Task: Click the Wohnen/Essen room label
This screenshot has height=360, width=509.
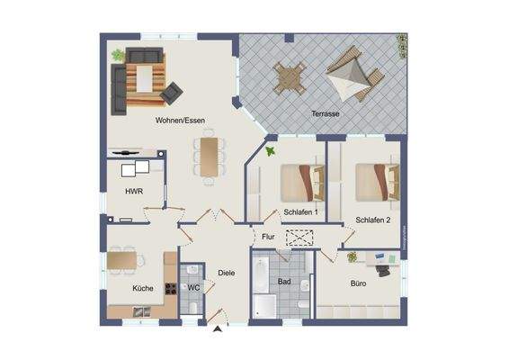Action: (x=180, y=120)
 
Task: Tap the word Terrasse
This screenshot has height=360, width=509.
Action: (x=324, y=114)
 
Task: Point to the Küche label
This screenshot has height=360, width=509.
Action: (x=142, y=288)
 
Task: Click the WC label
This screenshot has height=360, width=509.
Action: (x=192, y=287)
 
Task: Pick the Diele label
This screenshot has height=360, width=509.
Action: (x=227, y=273)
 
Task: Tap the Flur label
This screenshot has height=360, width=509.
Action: (x=268, y=237)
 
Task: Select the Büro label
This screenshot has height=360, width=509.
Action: (x=358, y=283)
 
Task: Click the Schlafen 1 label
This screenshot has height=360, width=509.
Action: (x=300, y=212)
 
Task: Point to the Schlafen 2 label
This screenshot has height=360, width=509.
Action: (x=372, y=220)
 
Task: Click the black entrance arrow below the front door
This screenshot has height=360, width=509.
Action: (x=217, y=330)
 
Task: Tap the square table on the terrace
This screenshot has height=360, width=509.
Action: (x=288, y=76)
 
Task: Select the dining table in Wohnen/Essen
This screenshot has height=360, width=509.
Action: (x=210, y=156)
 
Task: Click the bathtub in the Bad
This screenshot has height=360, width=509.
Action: (x=263, y=286)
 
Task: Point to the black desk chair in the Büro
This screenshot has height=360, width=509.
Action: (x=380, y=267)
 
